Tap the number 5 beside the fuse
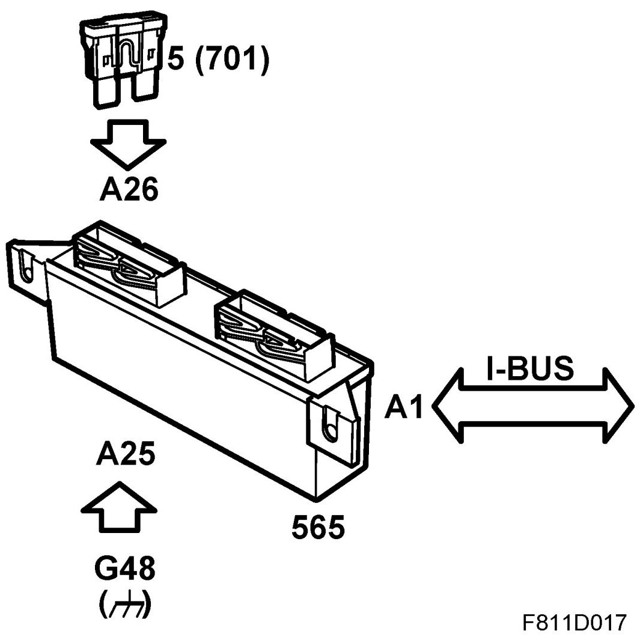pyautogui.click(x=175, y=61)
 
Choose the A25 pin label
pyautogui.click(x=125, y=455)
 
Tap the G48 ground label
pyautogui.click(x=125, y=568)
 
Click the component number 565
pyautogui.click(x=318, y=527)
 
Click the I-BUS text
pyautogui.click(x=529, y=368)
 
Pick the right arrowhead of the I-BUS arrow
pyautogui.click(x=619, y=406)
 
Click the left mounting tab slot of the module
pyautogui.click(x=25, y=264)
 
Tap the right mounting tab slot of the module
pyautogui.click(x=329, y=422)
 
